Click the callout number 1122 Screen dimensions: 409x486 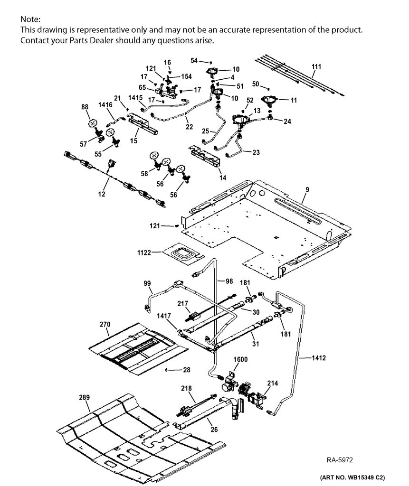pyautogui.click(x=144, y=252)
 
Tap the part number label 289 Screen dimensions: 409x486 pyautogui.click(x=84, y=397)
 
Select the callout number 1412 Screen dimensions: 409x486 pyautogui.click(x=319, y=358)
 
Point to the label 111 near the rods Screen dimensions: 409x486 pyautogui.click(x=316, y=66)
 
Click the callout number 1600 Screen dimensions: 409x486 pyautogui.click(x=240, y=359)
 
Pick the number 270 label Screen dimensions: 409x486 pyautogui.click(x=105, y=324)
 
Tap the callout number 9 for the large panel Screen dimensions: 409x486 pyautogui.click(x=307, y=189)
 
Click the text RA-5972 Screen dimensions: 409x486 pyautogui.click(x=340, y=460)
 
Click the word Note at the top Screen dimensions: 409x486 pyautogui.click(x=29, y=19)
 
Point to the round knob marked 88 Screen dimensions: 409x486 pyautogui.click(x=92, y=123)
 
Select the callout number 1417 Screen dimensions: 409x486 pyautogui.click(x=164, y=316)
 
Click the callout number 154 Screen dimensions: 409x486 pyautogui.click(x=186, y=76)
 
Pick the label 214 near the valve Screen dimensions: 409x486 pyautogui.click(x=273, y=383)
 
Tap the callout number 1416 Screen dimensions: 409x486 pyautogui.click(x=105, y=105)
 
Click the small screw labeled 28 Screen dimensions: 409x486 pyautogui.click(x=167, y=370)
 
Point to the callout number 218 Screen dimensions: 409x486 pyautogui.click(x=187, y=388)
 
